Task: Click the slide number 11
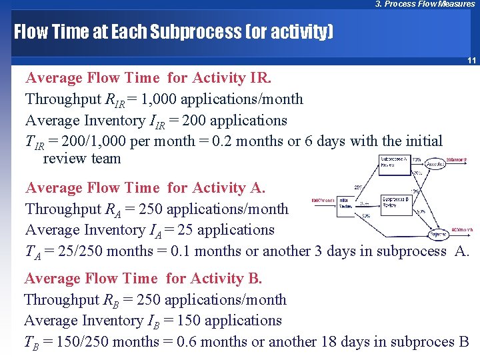click(471, 61)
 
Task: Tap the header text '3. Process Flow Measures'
click(425, 4)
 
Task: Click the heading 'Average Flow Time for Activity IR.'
click(148, 78)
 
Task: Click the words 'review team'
click(82, 159)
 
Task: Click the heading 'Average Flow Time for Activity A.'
click(145, 188)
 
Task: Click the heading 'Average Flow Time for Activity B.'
click(143, 279)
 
